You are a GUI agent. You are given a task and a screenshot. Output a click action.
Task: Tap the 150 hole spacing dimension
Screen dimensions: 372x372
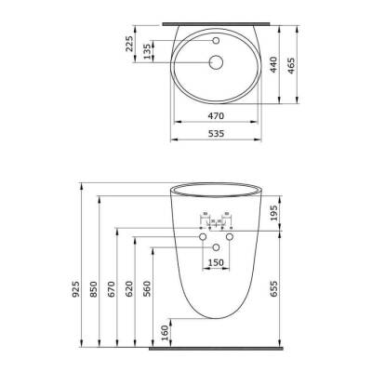click(x=216, y=264)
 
